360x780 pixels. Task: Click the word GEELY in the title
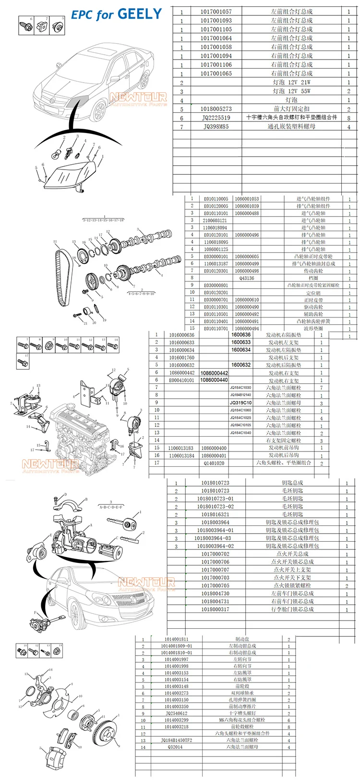click(x=140, y=14)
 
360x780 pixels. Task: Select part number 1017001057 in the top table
click(x=216, y=12)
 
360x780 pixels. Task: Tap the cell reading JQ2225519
click(x=216, y=118)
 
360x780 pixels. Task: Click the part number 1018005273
click(x=216, y=109)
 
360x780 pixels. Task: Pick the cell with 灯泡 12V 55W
click(x=291, y=91)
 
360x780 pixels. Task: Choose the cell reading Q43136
click(x=247, y=278)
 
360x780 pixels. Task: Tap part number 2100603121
click(x=216, y=220)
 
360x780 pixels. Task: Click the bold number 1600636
click(x=241, y=335)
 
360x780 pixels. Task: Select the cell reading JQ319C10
click(x=240, y=402)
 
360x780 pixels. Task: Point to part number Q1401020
click(x=214, y=463)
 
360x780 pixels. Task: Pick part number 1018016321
click(x=216, y=514)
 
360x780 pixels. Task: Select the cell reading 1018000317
click(x=216, y=609)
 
